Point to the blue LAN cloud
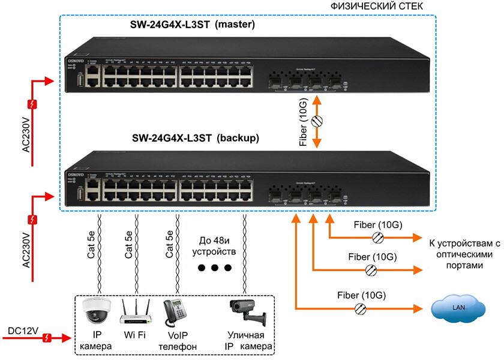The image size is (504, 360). (x=459, y=308)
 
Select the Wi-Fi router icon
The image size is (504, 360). (x=134, y=311)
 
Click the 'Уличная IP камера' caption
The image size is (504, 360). (x=247, y=341)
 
